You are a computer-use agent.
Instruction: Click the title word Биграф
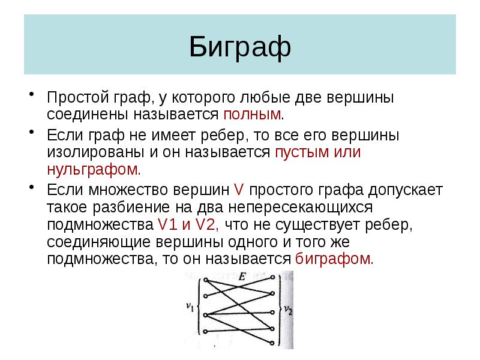(239, 47)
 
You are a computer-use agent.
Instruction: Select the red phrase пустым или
(317, 152)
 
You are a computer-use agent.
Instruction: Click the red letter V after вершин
(238, 190)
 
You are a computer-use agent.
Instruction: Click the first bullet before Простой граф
(32, 95)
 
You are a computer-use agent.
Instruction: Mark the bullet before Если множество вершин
(32, 188)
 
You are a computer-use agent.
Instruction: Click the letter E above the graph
(241, 277)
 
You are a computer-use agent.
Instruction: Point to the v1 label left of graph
(190, 307)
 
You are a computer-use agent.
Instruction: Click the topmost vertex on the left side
(205, 280)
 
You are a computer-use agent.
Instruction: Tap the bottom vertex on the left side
(205, 332)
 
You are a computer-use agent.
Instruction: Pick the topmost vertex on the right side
(274, 278)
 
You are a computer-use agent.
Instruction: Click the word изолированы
(88, 152)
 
